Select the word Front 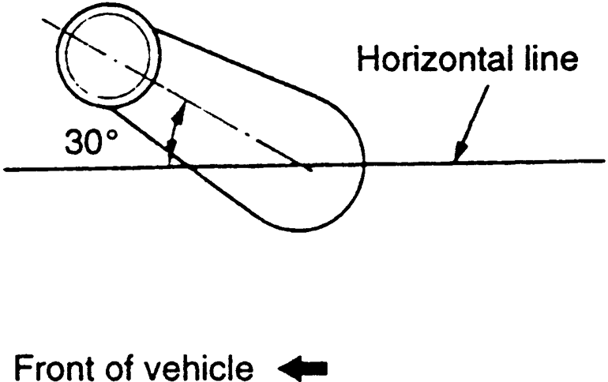[52, 369]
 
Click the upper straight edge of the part [237, 65]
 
